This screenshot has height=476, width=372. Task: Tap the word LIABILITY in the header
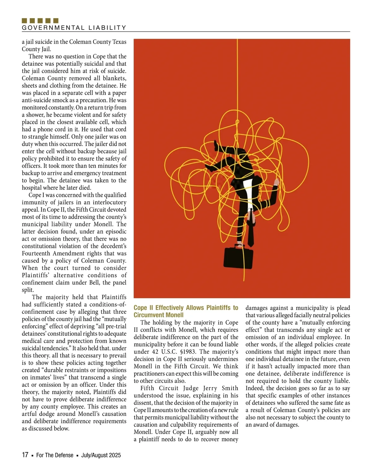[x=107, y=28]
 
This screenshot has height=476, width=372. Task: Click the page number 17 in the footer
[x=25, y=455]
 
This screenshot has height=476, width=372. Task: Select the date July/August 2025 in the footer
[x=101, y=455]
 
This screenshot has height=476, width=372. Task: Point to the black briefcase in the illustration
[x=238, y=257]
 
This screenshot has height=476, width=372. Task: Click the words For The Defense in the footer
[x=55, y=455]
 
